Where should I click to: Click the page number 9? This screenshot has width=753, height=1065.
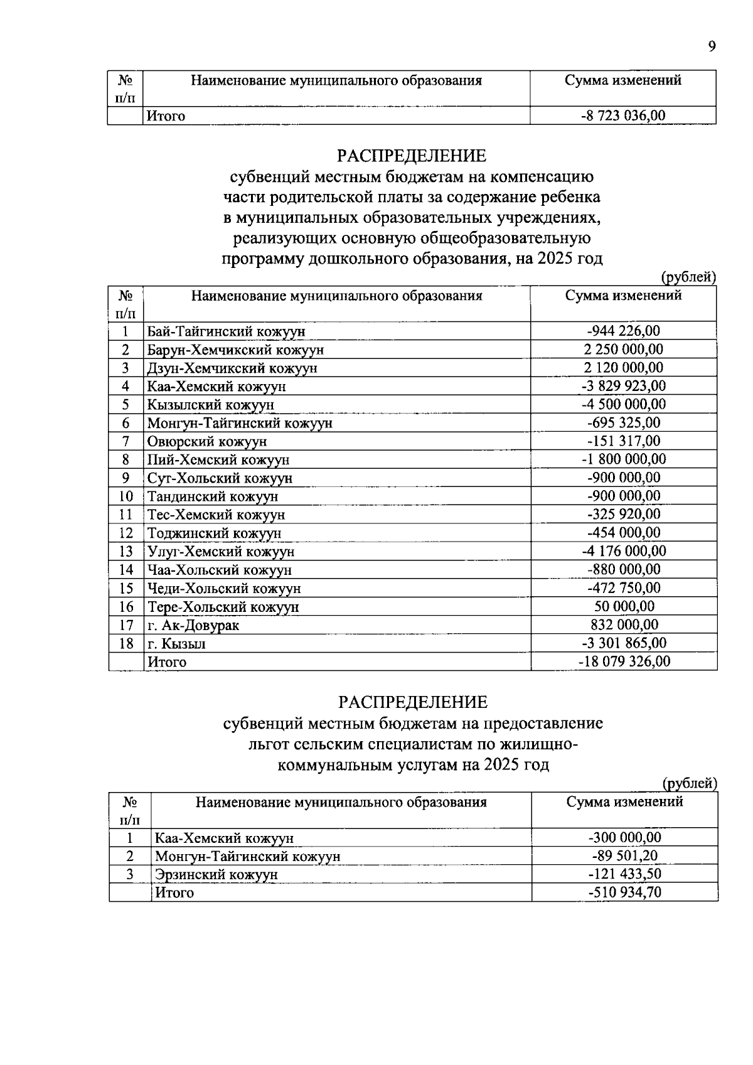[x=712, y=46]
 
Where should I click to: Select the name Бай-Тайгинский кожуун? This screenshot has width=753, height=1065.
[x=226, y=331]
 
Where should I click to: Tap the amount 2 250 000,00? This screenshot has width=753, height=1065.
[x=623, y=350]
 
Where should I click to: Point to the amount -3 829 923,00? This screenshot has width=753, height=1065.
[x=623, y=386]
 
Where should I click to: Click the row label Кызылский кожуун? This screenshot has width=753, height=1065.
[x=211, y=405]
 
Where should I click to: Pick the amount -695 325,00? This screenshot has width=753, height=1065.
[x=623, y=422]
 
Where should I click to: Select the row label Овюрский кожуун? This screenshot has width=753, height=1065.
[x=207, y=442]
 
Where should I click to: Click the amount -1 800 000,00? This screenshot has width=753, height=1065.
[x=623, y=459]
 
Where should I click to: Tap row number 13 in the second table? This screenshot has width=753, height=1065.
[x=126, y=552]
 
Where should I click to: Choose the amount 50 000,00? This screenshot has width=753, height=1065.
[x=624, y=606]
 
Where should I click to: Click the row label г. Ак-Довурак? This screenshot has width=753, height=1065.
[x=193, y=625]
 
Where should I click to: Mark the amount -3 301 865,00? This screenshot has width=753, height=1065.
[x=624, y=643]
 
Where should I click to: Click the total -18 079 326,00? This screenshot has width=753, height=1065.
[x=624, y=661]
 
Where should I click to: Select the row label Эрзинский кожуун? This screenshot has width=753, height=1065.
[x=216, y=874]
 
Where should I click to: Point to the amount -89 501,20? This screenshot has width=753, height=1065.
[x=624, y=856]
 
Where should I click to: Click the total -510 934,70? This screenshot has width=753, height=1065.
[x=624, y=892]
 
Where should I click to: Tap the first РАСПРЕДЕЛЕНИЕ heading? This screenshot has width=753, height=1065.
[x=412, y=155]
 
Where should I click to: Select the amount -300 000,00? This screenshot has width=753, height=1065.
[x=624, y=838]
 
